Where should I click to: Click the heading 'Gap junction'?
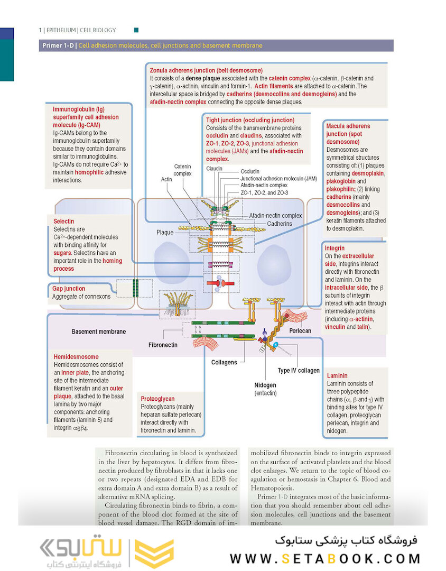click(x=69, y=288)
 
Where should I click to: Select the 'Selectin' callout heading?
click(x=64, y=221)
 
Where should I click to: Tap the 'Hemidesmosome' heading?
click(x=76, y=357)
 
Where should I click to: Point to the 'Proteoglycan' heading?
click(x=157, y=399)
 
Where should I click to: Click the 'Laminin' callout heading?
click(x=337, y=375)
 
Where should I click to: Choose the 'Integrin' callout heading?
click(x=334, y=247)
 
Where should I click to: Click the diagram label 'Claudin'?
click(x=214, y=169)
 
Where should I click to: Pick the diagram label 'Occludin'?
click(x=250, y=172)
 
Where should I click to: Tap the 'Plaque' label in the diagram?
click(x=165, y=233)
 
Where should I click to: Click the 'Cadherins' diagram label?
click(x=280, y=223)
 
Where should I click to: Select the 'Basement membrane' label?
click(x=99, y=331)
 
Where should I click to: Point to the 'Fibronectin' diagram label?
click(x=163, y=345)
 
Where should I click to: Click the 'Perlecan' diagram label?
click(x=300, y=331)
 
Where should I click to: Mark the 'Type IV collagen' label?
click(x=299, y=371)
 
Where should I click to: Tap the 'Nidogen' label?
click(x=265, y=385)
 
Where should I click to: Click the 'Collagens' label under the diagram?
click(x=224, y=362)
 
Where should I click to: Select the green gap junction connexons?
click(x=135, y=288)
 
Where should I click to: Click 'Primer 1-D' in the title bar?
click(x=59, y=46)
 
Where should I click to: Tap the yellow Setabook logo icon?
click(x=154, y=553)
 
